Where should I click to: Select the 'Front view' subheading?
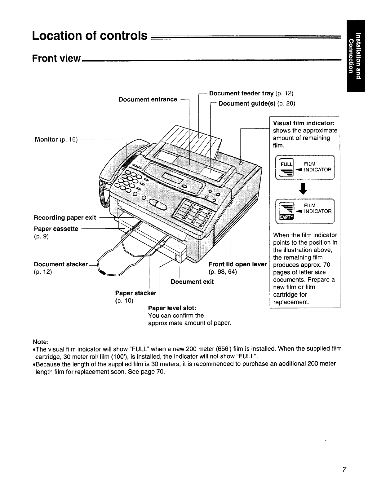click(x=56, y=59)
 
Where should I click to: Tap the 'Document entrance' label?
click(x=148, y=99)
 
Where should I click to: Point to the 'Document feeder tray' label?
click(x=242, y=93)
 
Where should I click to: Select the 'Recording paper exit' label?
click(x=65, y=217)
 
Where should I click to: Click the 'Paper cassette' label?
click(x=56, y=229)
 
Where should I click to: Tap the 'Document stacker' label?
click(x=61, y=264)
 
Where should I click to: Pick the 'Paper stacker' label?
click(x=135, y=293)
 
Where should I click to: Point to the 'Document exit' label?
click(x=192, y=282)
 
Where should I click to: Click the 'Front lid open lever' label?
click(x=237, y=264)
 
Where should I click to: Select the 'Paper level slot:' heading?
click(x=172, y=308)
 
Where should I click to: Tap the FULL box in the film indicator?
click(x=284, y=164)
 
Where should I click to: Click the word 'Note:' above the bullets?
click(x=41, y=342)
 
